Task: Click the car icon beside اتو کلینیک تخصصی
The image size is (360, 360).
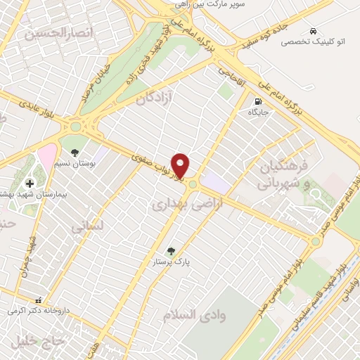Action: tap(312, 31)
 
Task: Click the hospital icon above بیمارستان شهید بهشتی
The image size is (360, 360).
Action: tap(29, 183)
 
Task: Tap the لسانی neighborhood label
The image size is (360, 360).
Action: tap(87, 226)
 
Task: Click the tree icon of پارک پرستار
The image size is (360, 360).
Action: tap(170, 250)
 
